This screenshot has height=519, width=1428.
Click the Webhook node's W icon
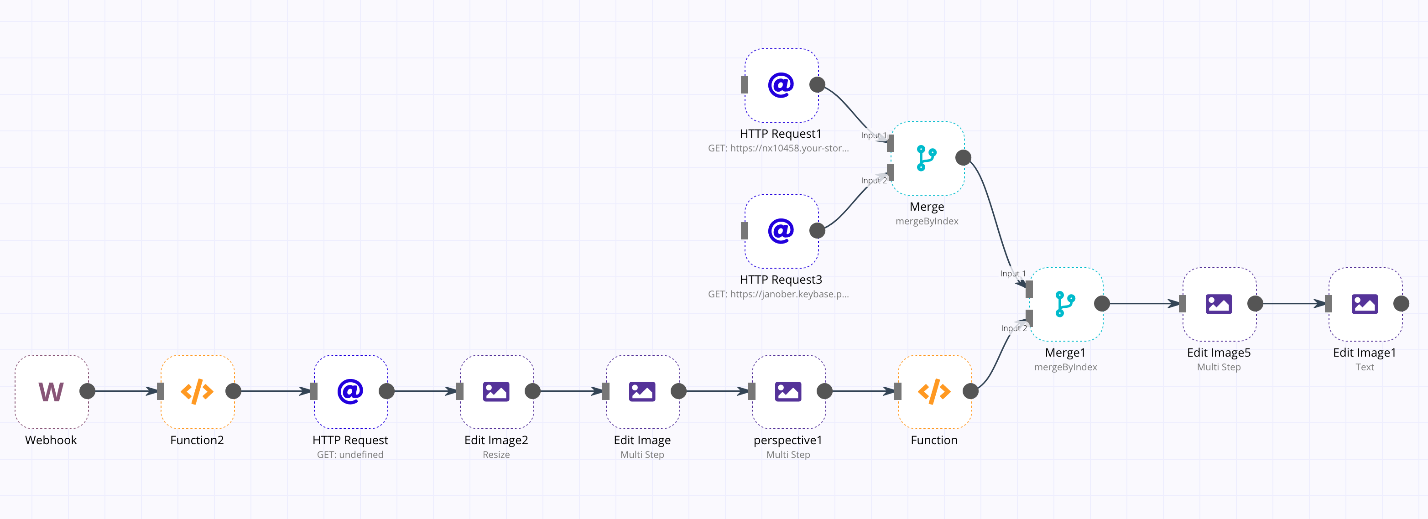[x=51, y=392]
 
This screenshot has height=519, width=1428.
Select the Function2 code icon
[x=197, y=392]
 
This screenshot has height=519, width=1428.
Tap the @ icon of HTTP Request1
[x=781, y=85]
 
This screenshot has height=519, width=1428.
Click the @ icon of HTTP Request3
[x=781, y=231]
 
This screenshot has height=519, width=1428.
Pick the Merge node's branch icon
[x=926, y=158]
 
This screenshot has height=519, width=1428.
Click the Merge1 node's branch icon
[x=1065, y=304]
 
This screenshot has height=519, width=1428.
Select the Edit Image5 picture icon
[x=1219, y=304]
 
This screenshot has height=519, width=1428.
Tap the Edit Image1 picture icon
[x=1364, y=304]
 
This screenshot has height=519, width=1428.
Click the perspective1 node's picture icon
[x=788, y=392]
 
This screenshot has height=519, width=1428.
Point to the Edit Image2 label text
[x=496, y=440]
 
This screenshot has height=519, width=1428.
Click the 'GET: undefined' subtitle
[x=350, y=455]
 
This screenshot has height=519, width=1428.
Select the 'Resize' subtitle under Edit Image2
[x=496, y=455]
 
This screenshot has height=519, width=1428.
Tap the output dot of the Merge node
[x=964, y=158]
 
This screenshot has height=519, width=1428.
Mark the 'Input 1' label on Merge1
[x=1013, y=274]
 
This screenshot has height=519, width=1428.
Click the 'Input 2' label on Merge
[x=874, y=181]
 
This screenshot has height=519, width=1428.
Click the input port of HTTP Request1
[x=745, y=85]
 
